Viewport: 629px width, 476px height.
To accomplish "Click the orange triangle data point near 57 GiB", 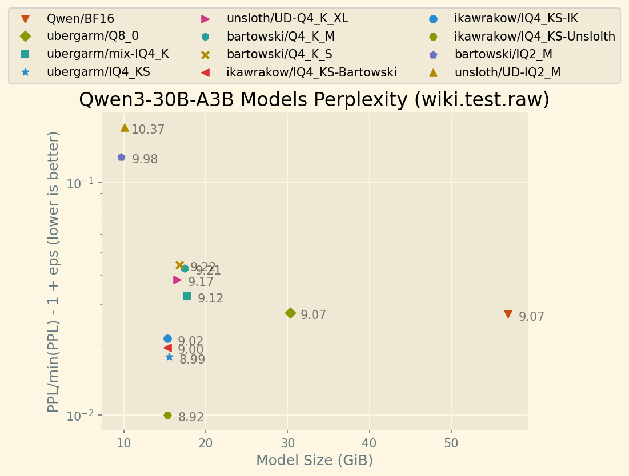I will coord(508,314).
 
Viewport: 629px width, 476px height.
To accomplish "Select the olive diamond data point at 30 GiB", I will coord(290,313).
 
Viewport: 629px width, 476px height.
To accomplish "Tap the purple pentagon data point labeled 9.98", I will coord(121,157).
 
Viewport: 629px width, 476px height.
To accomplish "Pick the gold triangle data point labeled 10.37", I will coord(125,128).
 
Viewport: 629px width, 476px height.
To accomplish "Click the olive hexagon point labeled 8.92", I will coord(167,415).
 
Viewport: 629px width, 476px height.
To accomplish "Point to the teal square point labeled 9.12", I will coord(187,296).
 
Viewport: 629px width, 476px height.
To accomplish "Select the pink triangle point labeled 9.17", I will coord(177,280).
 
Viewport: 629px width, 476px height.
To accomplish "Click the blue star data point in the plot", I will coord(169,357).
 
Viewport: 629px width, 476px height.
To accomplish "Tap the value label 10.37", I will coord(148,130).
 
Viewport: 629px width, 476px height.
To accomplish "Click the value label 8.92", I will coord(191,417).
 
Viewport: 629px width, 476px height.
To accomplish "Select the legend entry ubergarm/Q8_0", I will coord(93,37).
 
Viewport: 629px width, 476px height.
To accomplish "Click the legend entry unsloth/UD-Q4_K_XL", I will coord(287,18).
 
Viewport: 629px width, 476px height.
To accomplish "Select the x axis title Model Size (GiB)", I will coord(314,461).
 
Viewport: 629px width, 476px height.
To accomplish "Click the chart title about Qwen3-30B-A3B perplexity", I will coord(314,100).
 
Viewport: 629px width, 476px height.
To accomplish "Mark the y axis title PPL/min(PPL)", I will coord(54,271).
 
